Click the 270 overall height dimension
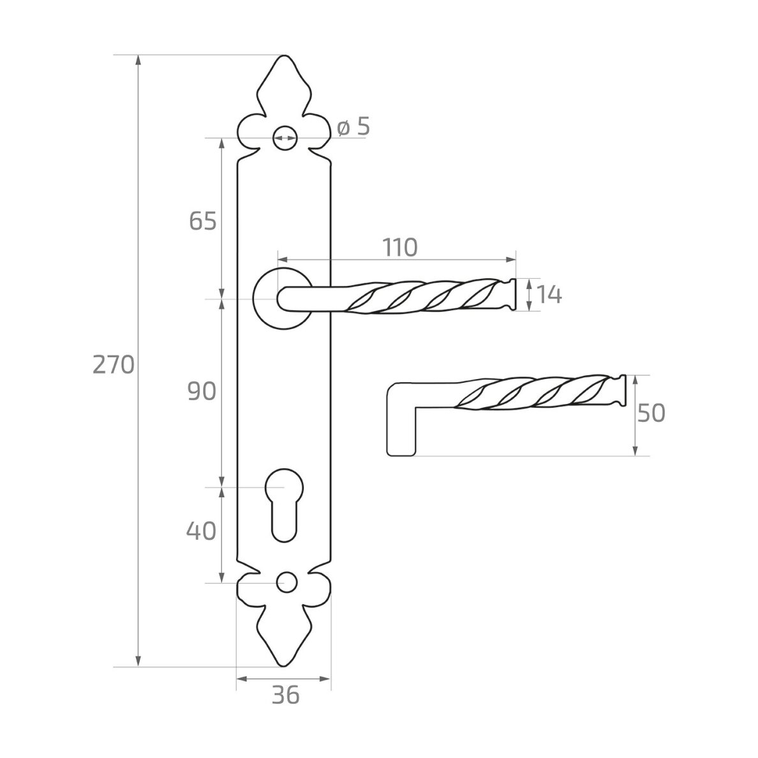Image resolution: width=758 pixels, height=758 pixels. click(x=113, y=364)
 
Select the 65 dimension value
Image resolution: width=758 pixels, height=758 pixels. click(x=202, y=221)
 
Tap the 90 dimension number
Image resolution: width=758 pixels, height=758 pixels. click(x=202, y=391)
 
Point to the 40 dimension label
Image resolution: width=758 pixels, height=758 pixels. click(x=201, y=531)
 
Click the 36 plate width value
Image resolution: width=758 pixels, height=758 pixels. click(x=286, y=695)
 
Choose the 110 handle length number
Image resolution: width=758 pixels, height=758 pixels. click(x=400, y=248)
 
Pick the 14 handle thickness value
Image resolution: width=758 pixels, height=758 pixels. click(x=550, y=294)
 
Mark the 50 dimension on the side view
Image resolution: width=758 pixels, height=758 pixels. click(x=651, y=413)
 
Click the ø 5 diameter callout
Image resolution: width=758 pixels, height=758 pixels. click(x=353, y=127)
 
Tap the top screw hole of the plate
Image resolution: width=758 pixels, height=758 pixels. click(x=285, y=138)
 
